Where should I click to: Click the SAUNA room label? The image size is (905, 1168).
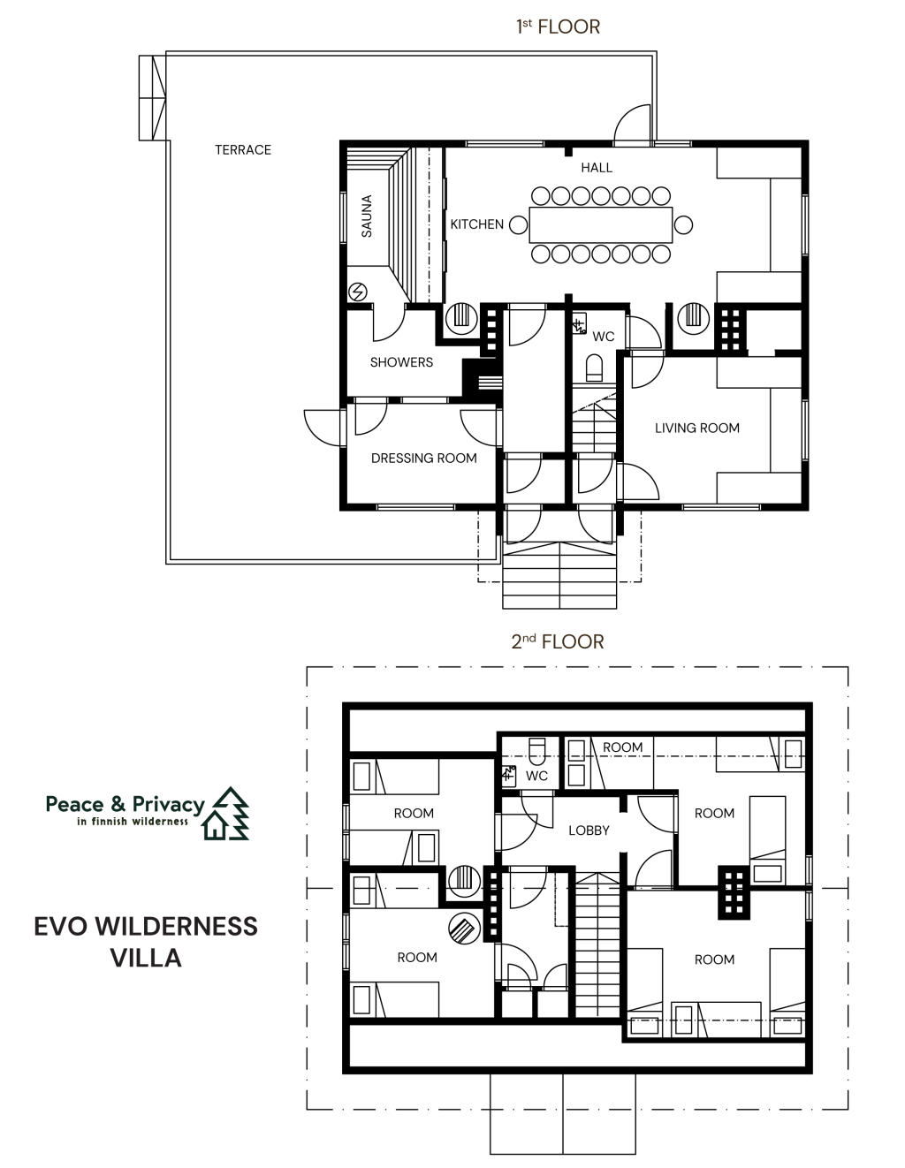point(367,216)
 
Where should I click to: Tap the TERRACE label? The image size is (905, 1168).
point(243,150)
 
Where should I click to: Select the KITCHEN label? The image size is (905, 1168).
point(476,224)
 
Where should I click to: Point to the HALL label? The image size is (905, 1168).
point(597,168)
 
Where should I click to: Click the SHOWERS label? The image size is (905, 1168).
point(401,362)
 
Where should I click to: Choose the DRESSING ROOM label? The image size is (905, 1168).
point(424,458)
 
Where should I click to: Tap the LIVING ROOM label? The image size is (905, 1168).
point(697,428)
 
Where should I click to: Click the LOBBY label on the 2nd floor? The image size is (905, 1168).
point(589,830)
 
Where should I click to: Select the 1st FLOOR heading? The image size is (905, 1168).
point(558,27)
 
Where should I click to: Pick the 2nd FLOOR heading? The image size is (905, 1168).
point(558,641)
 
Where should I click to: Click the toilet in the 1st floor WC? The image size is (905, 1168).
point(594,368)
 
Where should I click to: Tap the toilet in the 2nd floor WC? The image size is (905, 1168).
point(536,751)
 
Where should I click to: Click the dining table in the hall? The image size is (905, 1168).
point(601,224)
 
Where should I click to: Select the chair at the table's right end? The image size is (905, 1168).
point(683,224)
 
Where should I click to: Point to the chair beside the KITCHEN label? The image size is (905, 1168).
point(518,224)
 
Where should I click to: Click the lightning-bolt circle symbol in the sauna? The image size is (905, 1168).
point(358,292)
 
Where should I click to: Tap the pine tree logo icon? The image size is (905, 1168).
point(227,813)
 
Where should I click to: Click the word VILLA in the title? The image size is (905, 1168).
point(146,958)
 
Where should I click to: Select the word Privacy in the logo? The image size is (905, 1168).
point(169,805)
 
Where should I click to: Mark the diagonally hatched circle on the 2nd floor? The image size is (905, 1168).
point(464,929)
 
